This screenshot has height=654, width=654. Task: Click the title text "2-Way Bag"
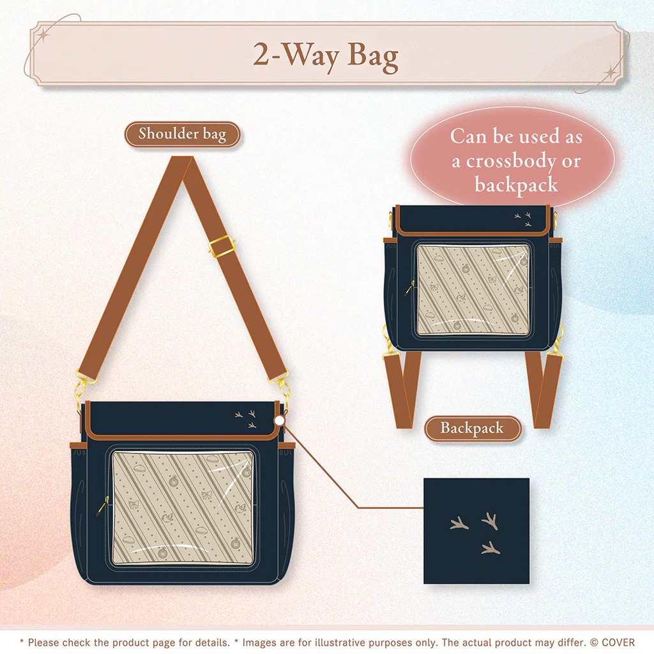tap(326, 56)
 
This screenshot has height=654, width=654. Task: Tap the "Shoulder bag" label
tap(182, 134)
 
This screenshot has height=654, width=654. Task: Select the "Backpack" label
tap(473, 428)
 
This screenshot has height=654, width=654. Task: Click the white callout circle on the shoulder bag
tap(279, 420)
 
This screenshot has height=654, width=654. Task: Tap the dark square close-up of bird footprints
tap(476, 531)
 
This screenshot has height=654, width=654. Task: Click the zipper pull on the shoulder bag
tap(102, 506)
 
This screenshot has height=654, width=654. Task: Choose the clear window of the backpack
tap(473, 290)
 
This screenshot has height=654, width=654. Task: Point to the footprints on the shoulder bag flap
tap(246, 419)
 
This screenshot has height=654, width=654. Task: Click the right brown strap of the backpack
tap(544, 390)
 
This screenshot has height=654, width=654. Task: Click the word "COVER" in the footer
tap(618, 643)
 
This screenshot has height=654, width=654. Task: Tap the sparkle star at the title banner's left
tap(44, 34)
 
